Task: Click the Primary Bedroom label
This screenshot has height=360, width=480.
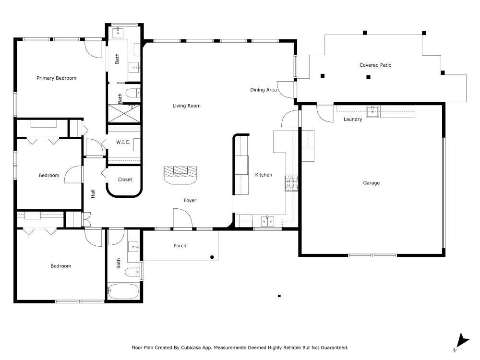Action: tap(56, 78)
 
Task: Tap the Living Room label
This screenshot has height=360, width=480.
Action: tap(186, 106)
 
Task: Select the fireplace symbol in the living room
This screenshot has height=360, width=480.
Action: tap(180, 175)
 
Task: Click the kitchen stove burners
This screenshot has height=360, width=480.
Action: tap(291, 183)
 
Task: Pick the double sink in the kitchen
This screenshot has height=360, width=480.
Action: tap(267, 221)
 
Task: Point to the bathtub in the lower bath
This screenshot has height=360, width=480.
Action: tap(123, 291)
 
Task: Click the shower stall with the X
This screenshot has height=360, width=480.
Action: tap(124, 114)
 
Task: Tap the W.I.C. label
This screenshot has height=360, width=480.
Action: tap(123, 142)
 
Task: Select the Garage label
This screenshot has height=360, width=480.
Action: tap(372, 183)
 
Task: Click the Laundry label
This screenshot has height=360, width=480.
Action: tap(353, 120)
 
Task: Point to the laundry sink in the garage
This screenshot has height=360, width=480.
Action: tap(372, 111)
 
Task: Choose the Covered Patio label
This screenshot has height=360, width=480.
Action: tap(375, 65)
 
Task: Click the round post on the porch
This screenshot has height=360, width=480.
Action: tap(212, 257)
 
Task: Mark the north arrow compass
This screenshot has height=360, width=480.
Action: tap(462, 342)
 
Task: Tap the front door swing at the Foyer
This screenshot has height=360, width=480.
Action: tap(183, 218)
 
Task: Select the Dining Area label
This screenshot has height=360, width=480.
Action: tap(264, 90)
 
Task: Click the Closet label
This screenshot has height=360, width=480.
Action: tap(125, 180)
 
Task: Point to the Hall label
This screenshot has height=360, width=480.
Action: tap(93, 194)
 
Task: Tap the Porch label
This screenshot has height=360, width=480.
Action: tap(180, 245)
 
